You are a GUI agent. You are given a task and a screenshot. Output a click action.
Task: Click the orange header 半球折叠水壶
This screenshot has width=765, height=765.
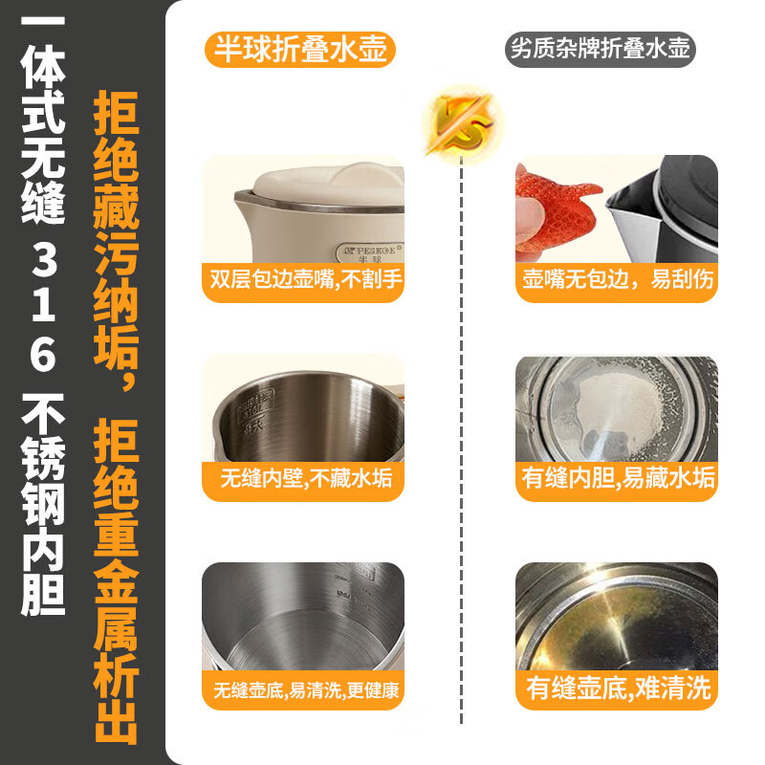[300, 49]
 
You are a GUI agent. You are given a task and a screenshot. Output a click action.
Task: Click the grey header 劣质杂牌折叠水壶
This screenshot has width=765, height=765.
[600, 49]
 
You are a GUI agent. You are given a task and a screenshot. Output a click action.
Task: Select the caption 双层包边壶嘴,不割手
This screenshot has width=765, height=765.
[303, 281]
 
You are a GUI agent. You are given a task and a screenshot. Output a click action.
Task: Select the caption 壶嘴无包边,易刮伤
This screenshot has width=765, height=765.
[617, 281]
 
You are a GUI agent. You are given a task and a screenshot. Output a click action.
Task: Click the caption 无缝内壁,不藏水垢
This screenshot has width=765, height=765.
[303, 478]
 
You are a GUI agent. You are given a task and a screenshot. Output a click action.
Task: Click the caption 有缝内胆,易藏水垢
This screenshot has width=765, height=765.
[617, 478]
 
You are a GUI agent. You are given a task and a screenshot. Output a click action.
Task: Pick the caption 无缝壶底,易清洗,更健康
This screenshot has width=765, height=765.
[303, 689]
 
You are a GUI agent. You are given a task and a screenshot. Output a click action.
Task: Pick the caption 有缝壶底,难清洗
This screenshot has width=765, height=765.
[617, 688]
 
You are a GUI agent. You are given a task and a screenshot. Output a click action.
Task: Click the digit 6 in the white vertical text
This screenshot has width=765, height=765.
[43, 356]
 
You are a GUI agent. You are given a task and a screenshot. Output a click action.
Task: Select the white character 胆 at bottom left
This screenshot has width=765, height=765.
[43, 593]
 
